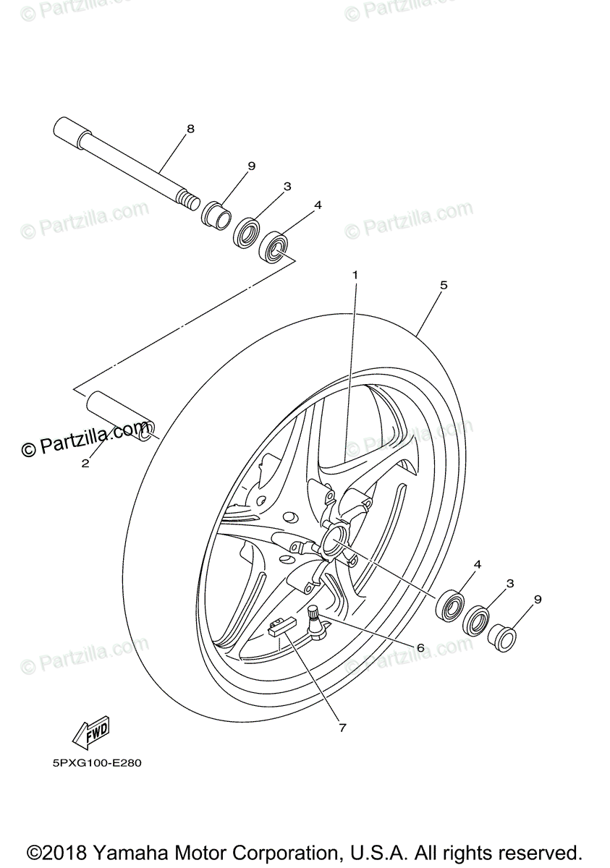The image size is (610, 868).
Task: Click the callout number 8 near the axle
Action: (190, 129)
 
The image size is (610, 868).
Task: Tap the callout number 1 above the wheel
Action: (355, 274)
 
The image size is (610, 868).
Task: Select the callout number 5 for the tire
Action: (444, 285)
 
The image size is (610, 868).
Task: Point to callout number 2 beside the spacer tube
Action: (85, 464)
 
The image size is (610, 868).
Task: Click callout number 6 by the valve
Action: (420, 647)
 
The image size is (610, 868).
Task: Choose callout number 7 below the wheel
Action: (342, 728)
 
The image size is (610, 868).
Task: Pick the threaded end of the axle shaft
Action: (189, 199)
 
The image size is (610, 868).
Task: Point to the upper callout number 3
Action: (287, 186)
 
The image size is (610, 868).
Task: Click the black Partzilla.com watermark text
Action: (87, 440)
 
